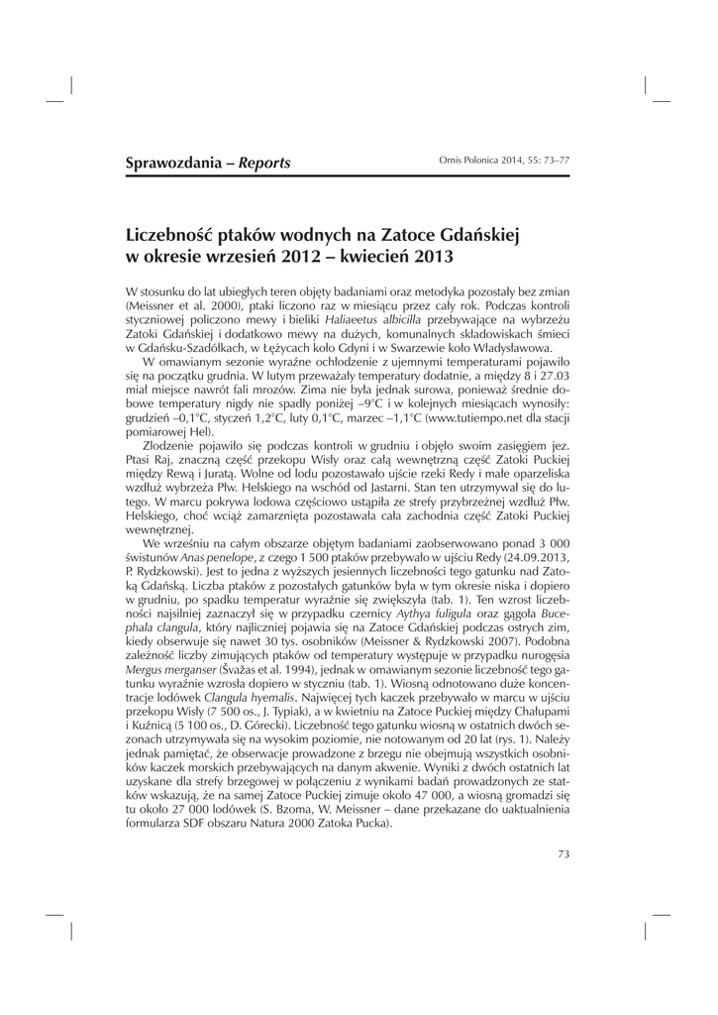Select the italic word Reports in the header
pyautogui.click(x=264, y=163)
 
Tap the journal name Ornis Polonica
pyautogui.click(x=472, y=160)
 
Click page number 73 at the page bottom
pyautogui.click(x=564, y=852)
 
